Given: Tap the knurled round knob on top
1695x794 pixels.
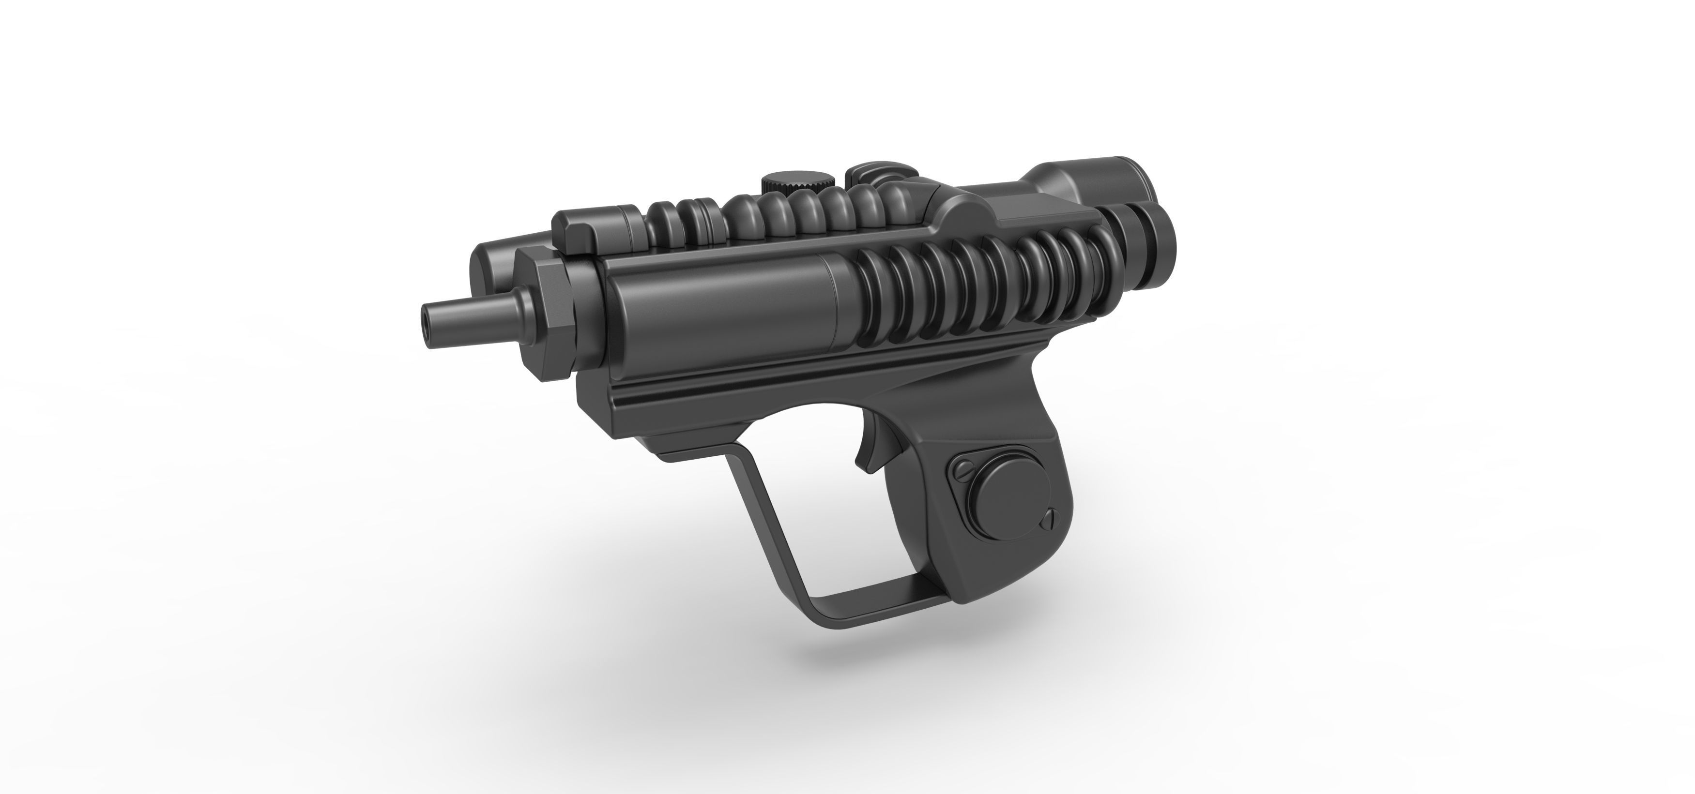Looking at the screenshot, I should click(798, 181).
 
